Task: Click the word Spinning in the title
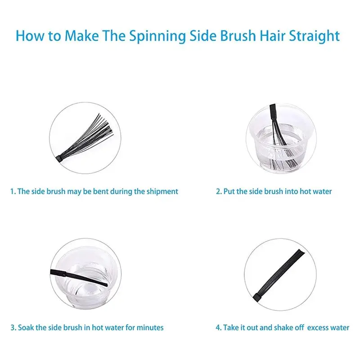tap(157, 36)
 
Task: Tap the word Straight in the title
tap(314, 36)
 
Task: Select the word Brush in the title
tap(238, 36)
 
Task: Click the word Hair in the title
tap(272, 36)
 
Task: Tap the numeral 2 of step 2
tap(218, 192)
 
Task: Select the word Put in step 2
tap(229, 191)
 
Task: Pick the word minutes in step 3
tap(150, 328)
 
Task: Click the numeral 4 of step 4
tap(218, 328)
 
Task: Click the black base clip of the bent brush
tap(59, 159)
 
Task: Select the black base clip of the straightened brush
tap(257, 297)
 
